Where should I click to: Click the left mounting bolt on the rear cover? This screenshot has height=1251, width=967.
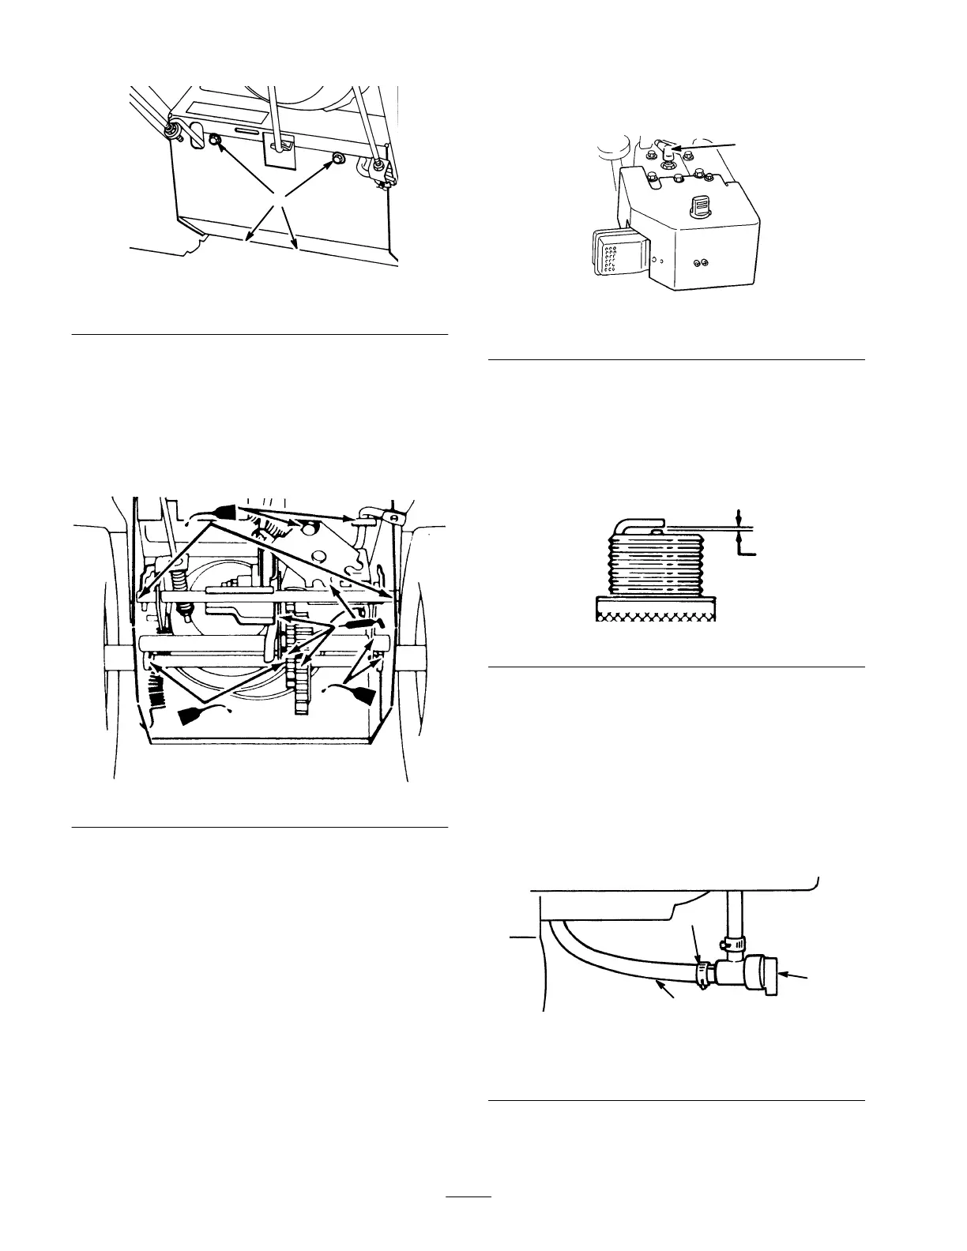point(214,141)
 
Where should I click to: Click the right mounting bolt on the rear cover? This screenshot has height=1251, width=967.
point(337,159)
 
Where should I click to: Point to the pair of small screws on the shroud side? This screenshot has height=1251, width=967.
point(698,263)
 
